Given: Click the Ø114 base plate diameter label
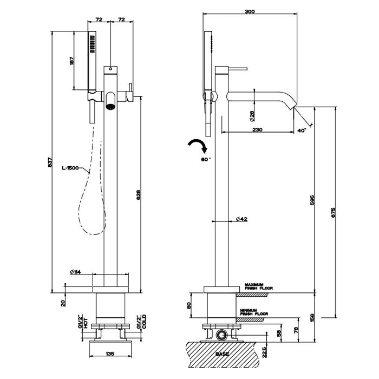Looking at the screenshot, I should coord(75,271).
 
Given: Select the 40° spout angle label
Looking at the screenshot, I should coord(302,130).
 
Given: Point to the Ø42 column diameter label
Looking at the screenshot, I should coord(241,219).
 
